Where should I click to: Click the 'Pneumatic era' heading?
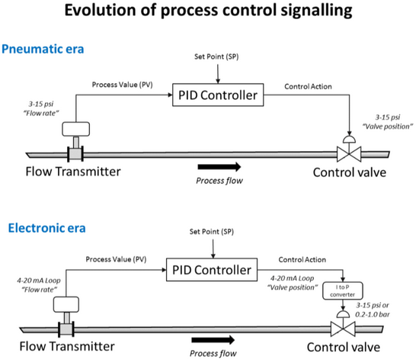coord(43,50)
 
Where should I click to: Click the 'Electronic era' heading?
coord(46,228)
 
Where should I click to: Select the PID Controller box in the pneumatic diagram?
coord(218,95)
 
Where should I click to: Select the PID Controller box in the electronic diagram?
coord(212,269)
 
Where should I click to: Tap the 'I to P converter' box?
coord(343,291)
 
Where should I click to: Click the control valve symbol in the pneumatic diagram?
coord(349,149)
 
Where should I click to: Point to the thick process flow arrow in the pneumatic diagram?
coord(219,167)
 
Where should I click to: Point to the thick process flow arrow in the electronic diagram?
coord(213,340)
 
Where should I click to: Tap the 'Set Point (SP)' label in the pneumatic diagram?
coord(216,56)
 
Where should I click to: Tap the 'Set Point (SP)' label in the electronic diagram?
coord(212,232)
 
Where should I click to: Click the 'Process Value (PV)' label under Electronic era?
coord(116,259)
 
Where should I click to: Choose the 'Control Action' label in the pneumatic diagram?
coord(308,86)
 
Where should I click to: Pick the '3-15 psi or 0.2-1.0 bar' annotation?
coord(373,310)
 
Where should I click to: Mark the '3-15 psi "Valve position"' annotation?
coord(388,122)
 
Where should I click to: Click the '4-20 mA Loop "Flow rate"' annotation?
coord(39,285)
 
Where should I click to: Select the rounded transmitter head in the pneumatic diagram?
coord(76,129)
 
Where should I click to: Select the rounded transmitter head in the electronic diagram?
coord(66,304)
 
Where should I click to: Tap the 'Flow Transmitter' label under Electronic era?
coord(67,346)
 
